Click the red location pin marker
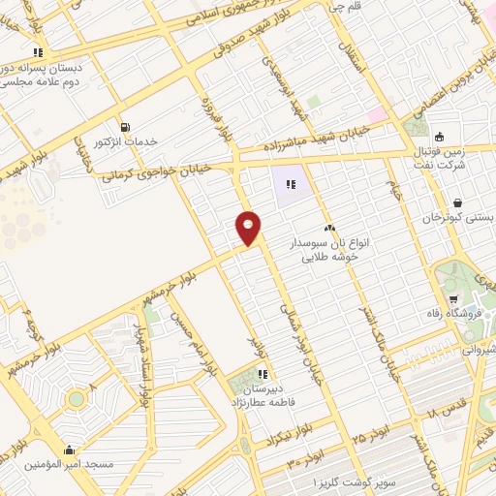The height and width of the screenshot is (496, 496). coord(249,227)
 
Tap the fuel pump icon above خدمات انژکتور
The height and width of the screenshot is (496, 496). coord(125,127)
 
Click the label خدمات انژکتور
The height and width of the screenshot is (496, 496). coord(125,142)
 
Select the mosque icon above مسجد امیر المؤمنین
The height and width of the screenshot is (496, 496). coord(68,449)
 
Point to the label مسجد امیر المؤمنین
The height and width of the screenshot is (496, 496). coord(68,465)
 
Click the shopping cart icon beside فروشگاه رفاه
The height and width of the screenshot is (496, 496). coord(453,297)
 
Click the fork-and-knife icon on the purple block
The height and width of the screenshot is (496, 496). coord(291,184)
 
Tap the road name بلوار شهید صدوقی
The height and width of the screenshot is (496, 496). coord(219,55)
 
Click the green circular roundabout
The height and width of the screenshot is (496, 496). coord(76,398)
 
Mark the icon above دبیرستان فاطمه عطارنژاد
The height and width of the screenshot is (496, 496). coord(262,373)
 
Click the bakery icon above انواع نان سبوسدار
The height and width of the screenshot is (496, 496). coord(330,228)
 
